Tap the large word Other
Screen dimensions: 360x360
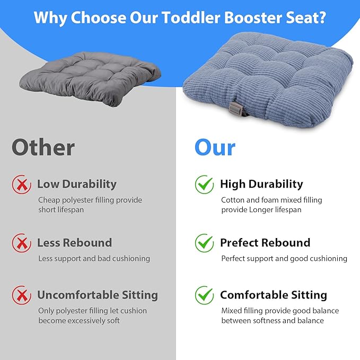point(43,147)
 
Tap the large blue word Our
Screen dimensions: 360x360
point(214,147)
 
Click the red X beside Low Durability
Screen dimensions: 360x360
point(21,185)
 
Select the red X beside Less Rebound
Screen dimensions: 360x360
point(21,243)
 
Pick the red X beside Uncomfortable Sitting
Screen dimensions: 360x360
point(21,295)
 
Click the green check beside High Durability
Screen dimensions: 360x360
point(204,185)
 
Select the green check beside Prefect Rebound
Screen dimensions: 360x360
point(204,243)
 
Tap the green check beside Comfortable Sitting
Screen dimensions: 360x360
point(204,295)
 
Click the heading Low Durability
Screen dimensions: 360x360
point(76,185)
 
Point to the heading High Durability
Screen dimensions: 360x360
point(261,185)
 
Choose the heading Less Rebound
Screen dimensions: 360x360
point(74,243)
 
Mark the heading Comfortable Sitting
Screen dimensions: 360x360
point(273,295)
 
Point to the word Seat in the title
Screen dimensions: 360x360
point(294,18)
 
